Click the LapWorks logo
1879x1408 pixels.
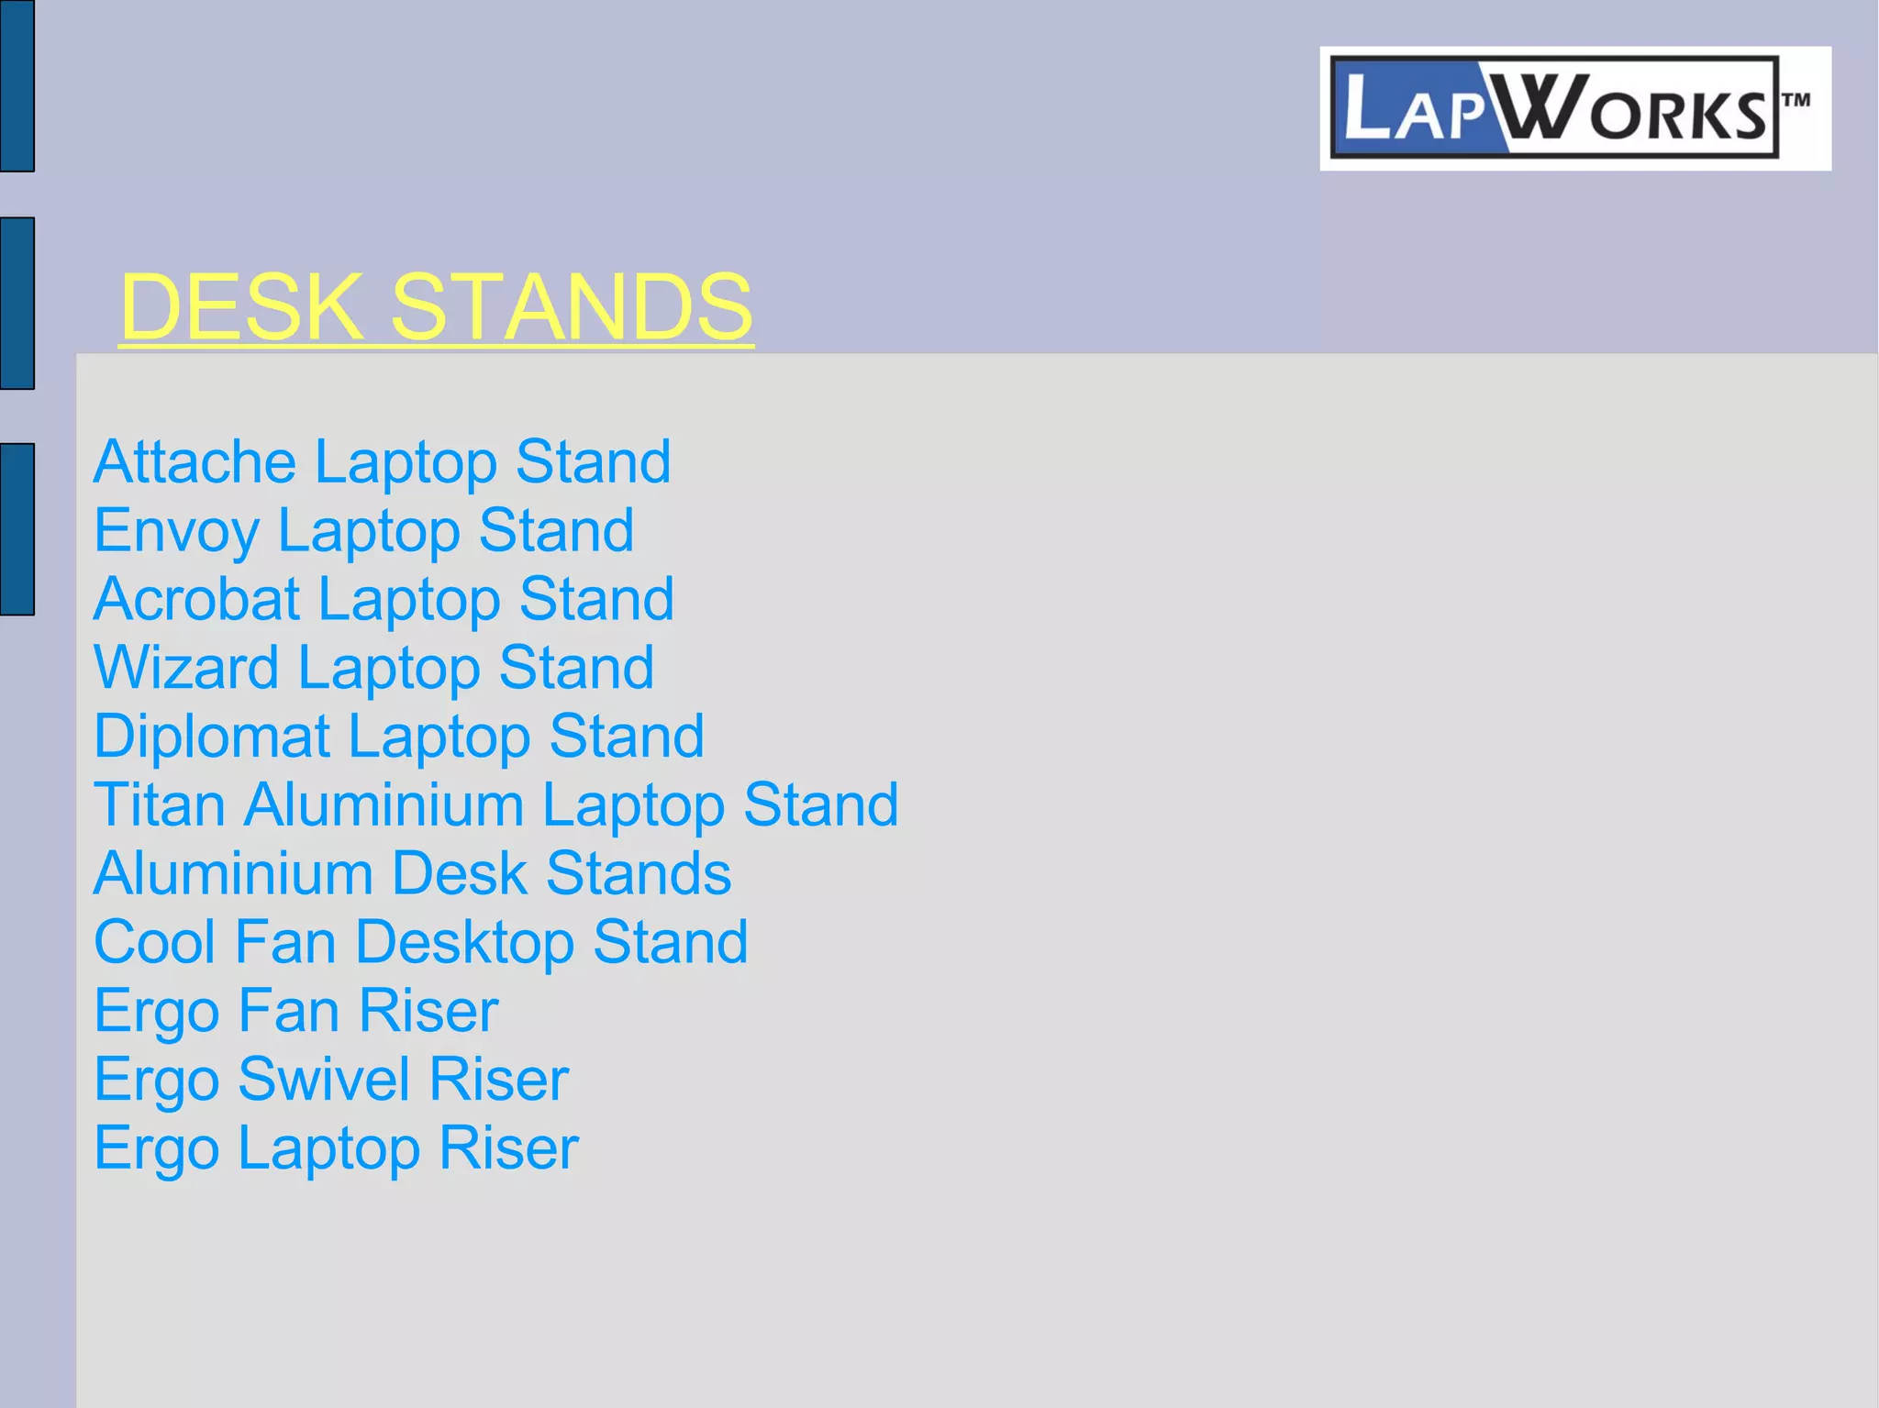coord(1573,108)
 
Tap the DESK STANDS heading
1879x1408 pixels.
coord(436,306)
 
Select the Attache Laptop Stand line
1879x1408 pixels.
coord(382,461)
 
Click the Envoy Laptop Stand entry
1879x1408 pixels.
coord(363,530)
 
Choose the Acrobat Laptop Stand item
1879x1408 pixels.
coord(384,599)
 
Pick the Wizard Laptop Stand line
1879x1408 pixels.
coord(373,668)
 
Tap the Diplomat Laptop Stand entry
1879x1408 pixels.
coord(398,737)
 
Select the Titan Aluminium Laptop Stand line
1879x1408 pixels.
coord(495,805)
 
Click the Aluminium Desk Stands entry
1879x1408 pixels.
coord(412,873)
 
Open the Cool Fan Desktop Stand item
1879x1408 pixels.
coord(421,942)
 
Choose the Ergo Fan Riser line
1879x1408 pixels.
coord(295,1011)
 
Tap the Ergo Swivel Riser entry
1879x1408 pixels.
coord(330,1080)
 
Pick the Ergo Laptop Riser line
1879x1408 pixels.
coord(336,1148)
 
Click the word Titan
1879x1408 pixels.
coord(160,805)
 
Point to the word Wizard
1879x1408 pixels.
coord(186,668)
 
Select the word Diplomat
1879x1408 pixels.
coord(212,737)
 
